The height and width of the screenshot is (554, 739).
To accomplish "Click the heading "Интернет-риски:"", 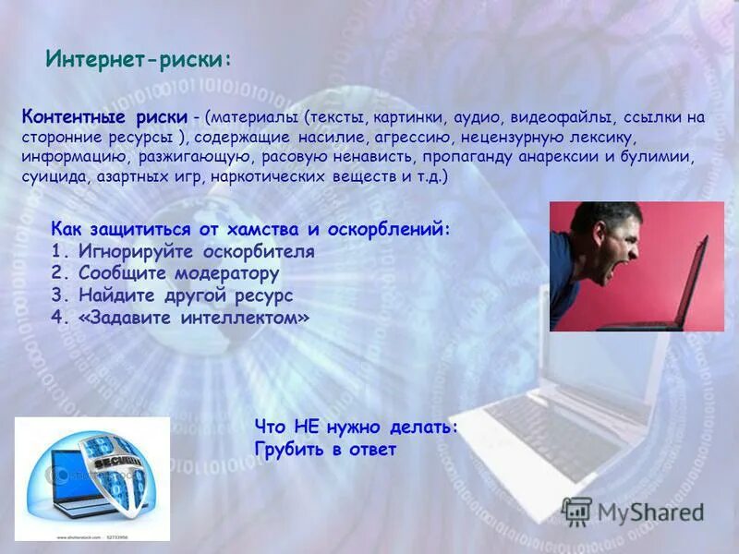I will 139,60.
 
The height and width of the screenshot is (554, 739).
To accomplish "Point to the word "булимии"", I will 659,156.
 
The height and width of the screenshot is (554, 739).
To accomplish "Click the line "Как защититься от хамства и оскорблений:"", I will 251,229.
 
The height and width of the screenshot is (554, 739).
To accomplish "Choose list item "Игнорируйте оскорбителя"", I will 196,251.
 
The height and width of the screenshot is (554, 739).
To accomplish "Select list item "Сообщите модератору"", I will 178,273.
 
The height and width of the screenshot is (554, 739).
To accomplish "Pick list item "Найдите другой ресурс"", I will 185,295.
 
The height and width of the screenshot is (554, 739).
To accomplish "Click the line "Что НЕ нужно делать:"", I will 356,427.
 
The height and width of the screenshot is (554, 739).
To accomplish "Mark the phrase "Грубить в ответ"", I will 324,450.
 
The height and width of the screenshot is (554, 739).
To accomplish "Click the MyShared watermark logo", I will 633,512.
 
